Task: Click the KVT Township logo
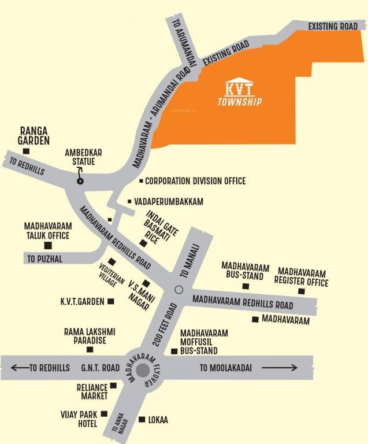[240, 92]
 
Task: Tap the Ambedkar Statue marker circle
[80, 181]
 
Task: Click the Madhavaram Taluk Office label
[47, 231]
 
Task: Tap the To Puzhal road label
[44, 259]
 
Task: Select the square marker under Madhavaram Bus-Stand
[246, 286]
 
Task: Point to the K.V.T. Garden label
[82, 302]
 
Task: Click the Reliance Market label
[92, 391]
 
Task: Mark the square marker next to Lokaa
[142, 420]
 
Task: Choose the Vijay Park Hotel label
[80, 419]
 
